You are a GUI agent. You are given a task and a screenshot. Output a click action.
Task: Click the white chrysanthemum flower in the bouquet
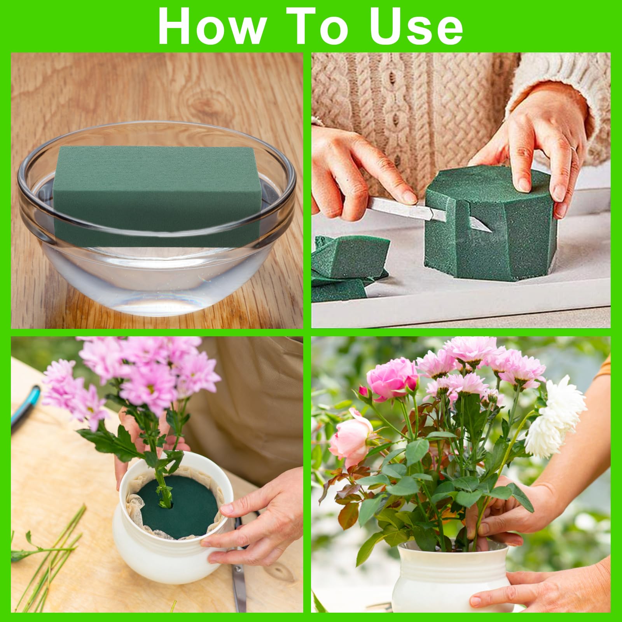point(556,420)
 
